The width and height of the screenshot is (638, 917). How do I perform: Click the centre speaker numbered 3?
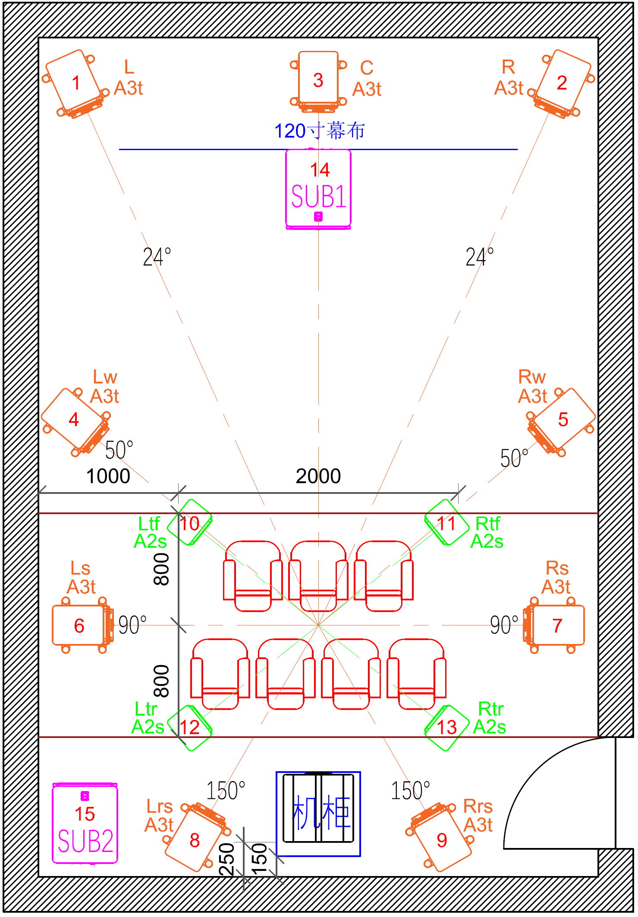[x=318, y=80]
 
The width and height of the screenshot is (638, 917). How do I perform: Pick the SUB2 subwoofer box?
[x=85, y=824]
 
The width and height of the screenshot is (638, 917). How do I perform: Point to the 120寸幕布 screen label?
[x=320, y=131]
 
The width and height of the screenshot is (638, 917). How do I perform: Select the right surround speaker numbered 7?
[x=556, y=625]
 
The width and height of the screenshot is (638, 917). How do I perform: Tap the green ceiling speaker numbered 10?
[x=189, y=523]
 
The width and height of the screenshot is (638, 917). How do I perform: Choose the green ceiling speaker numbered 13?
[x=447, y=728]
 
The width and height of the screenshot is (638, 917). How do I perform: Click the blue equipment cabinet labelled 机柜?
[x=318, y=813]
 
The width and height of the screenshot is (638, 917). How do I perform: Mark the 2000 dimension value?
[x=318, y=476]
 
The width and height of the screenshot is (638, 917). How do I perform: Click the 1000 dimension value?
[x=108, y=476]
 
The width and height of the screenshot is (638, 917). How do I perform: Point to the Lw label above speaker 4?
[x=105, y=377]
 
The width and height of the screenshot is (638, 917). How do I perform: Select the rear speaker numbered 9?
[x=441, y=839]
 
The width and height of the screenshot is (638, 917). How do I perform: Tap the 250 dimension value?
[x=227, y=859]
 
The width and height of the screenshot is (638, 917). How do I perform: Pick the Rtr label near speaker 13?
[x=491, y=709]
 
